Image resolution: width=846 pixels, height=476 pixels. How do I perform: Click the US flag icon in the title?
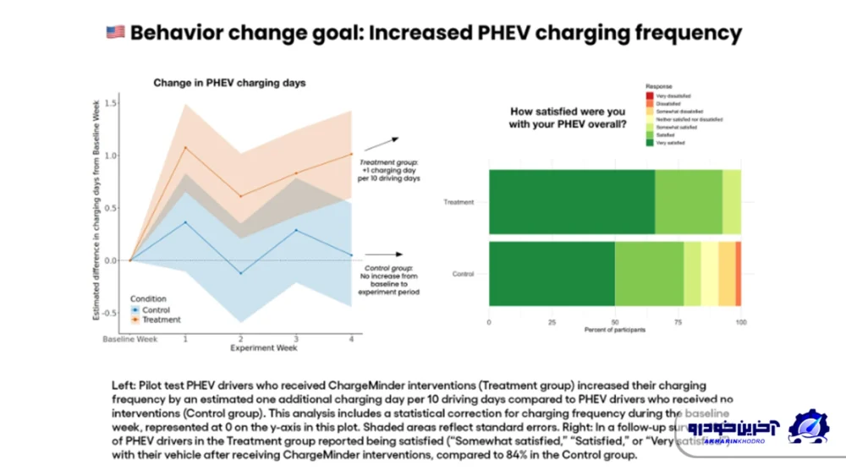(115, 33)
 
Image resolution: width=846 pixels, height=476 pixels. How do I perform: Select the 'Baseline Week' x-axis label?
(129, 340)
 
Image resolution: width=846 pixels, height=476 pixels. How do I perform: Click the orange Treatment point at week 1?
(186, 147)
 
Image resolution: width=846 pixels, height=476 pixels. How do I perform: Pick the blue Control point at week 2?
(240, 273)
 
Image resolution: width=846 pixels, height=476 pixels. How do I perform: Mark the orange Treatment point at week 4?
(350, 154)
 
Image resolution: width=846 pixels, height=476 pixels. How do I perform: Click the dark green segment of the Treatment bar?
(571, 202)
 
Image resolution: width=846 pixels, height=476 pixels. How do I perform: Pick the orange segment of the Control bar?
(738, 274)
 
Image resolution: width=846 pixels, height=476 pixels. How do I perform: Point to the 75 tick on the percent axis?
(678, 323)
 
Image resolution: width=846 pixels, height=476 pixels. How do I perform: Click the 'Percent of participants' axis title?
(614, 331)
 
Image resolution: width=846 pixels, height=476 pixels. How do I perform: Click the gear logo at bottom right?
(809, 427)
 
